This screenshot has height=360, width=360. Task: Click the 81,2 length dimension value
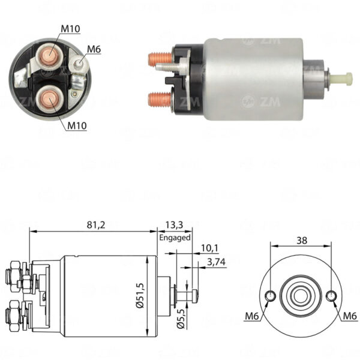[x=96, y=225]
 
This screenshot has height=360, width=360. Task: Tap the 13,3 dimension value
[x=174, y=225]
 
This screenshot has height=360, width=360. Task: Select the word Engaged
[x=175, y=238]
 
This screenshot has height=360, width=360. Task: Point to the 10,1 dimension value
[x=210, y=248]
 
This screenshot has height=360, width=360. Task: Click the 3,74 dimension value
[x=216, y=262]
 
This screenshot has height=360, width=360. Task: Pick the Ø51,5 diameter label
[x=140, y=295]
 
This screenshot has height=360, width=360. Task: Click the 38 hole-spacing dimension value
[x=302, y=241]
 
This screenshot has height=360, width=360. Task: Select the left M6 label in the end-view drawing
[x=252, y=316]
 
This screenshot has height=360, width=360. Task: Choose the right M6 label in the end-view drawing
[x=350, y=316]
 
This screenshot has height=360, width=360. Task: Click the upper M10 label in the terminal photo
[x=70, y=29]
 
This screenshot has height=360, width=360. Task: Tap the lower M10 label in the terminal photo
[x=77, y=125]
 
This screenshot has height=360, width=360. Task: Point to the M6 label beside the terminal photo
[x=94, y=49]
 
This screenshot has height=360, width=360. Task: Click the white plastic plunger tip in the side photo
[x=341, y=79]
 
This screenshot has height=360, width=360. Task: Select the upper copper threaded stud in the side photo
[x=160, y=59]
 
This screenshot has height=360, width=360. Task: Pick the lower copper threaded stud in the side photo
[x=160, y=99]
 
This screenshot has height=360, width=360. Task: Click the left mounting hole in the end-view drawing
[x=271, y=295]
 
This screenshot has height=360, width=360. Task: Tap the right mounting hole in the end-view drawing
[x=331, y=295]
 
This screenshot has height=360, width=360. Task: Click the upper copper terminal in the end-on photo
[x=49, y=55]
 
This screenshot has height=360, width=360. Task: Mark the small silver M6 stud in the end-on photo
[x=79, y=62]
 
